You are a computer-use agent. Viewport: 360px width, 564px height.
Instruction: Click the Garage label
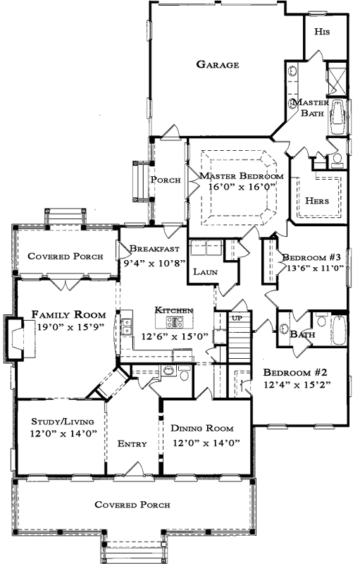217,64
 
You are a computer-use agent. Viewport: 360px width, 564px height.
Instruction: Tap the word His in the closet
321,32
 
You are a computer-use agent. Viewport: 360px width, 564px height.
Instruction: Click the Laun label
204,271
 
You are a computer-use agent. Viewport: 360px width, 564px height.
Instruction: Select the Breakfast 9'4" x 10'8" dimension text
155,262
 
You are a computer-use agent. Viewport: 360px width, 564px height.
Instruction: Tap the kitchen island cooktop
175,323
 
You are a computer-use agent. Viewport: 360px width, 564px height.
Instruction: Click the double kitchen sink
127,327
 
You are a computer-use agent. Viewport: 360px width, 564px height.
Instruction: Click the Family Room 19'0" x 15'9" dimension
68,326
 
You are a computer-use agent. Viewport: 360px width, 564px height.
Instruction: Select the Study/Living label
59,422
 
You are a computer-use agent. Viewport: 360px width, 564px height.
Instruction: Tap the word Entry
132,443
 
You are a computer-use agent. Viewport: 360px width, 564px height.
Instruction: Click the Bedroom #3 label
311,257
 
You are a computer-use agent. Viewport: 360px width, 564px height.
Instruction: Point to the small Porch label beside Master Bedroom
166,180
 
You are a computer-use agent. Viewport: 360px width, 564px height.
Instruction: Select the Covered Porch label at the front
132,505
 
